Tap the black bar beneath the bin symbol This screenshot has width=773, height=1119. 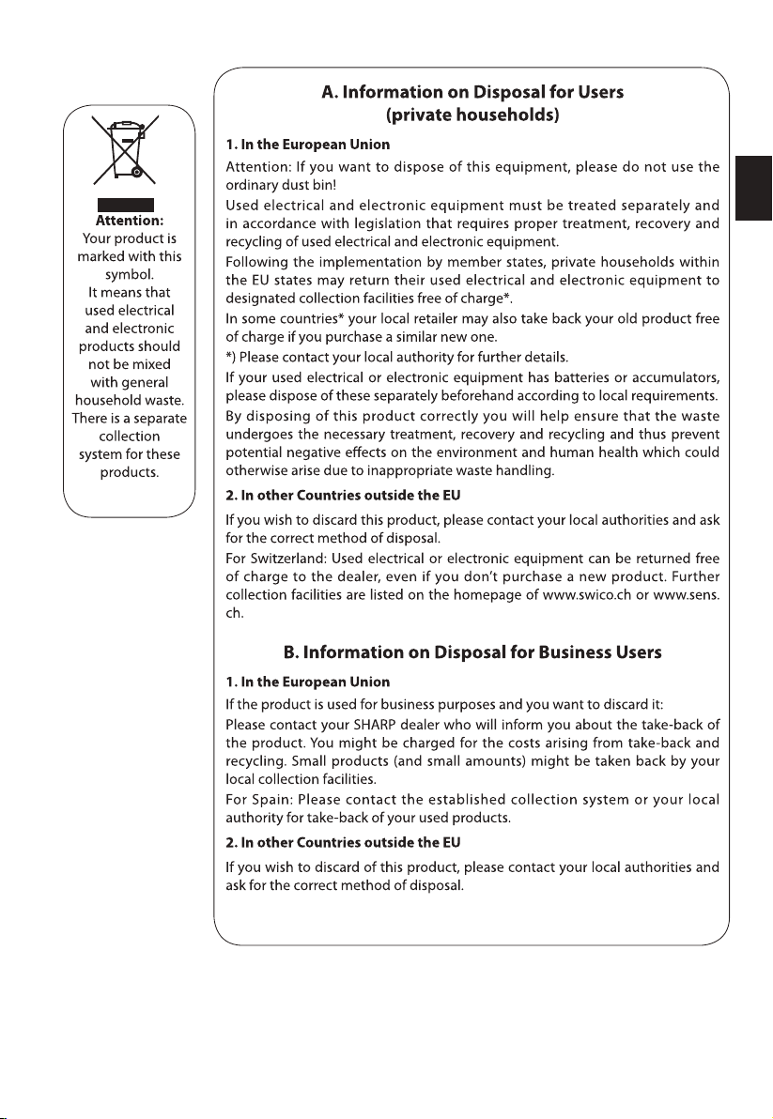click(x=126, y=205)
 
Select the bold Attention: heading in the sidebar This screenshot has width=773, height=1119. click(x=126, y=222)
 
